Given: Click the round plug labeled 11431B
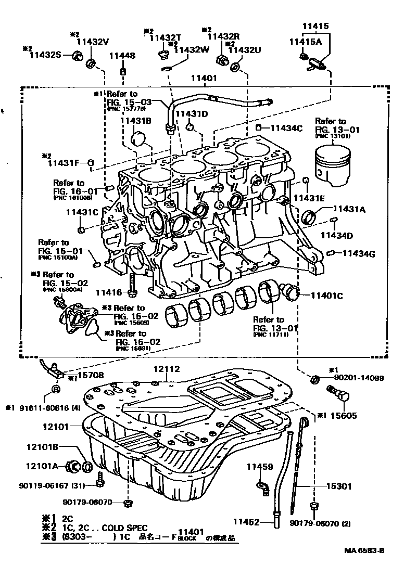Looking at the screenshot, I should (x=139, y=139).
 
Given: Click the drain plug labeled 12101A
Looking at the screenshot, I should (x=75, y=466).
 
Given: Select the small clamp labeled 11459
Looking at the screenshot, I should (x=261, y=485).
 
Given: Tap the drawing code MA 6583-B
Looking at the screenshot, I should (x=364, y=550).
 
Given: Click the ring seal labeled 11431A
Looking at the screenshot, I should (x=309, y=215).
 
